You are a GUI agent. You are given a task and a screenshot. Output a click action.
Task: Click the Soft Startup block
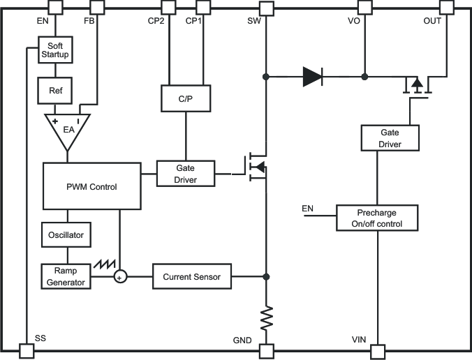55,51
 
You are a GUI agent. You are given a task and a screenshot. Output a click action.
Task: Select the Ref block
55,90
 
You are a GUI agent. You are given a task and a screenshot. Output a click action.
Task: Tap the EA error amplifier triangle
68,130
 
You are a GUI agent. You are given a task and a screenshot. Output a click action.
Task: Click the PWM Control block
91,186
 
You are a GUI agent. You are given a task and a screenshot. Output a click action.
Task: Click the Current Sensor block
191,277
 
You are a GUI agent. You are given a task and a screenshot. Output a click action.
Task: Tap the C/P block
185,99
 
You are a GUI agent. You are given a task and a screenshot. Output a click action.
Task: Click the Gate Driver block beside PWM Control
185,174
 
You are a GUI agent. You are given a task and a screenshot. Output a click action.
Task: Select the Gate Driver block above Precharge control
390,138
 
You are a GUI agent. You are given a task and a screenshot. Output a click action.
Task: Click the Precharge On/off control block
377,218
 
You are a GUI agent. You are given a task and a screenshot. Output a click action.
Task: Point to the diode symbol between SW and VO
312,76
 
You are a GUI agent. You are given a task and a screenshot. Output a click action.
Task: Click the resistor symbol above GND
265,319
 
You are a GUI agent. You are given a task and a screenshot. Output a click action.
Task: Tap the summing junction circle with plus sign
120,277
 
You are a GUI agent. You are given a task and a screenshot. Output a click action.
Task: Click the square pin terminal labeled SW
265,8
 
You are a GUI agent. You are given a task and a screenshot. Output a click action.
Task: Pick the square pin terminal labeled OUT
447,8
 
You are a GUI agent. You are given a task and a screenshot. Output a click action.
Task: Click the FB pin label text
89,21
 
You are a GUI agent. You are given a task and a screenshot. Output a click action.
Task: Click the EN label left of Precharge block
307,209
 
